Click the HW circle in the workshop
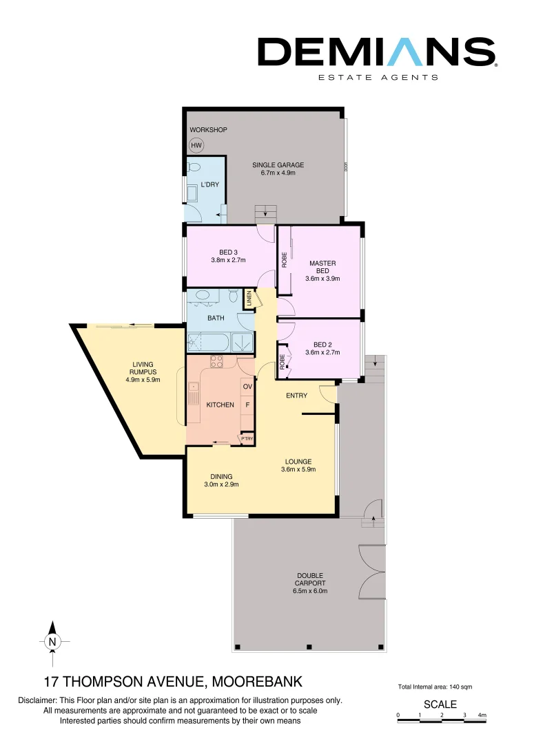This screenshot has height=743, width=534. pos(196,146)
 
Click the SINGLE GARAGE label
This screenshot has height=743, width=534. pos(278,165)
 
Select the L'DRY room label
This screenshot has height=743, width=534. pos(209,184)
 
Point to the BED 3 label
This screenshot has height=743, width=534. pos(228,252)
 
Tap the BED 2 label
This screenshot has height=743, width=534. pos(322,345)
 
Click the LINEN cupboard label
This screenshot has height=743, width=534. pos(249,299)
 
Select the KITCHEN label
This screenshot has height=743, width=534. pos(220,405)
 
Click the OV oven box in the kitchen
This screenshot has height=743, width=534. pos(247,387)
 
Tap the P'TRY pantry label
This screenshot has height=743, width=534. pos(246,438)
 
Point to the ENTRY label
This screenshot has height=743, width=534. pos(297,396)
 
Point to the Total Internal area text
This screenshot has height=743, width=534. pos(435,687)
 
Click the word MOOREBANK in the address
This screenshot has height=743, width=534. pos(258,682)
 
